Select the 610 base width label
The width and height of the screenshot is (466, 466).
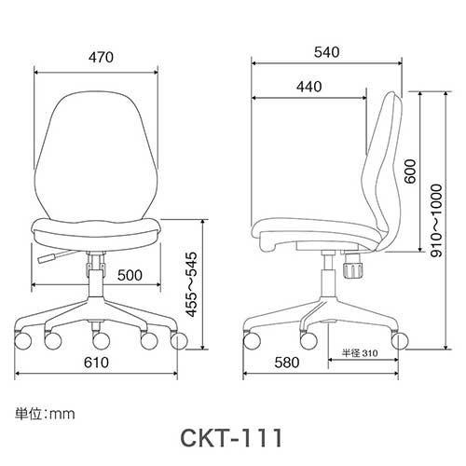coord(97,362)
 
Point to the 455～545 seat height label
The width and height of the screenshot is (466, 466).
coord(192,285)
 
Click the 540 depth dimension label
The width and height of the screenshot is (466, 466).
coord(325,51)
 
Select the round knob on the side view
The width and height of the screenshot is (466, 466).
coord(353,270)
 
